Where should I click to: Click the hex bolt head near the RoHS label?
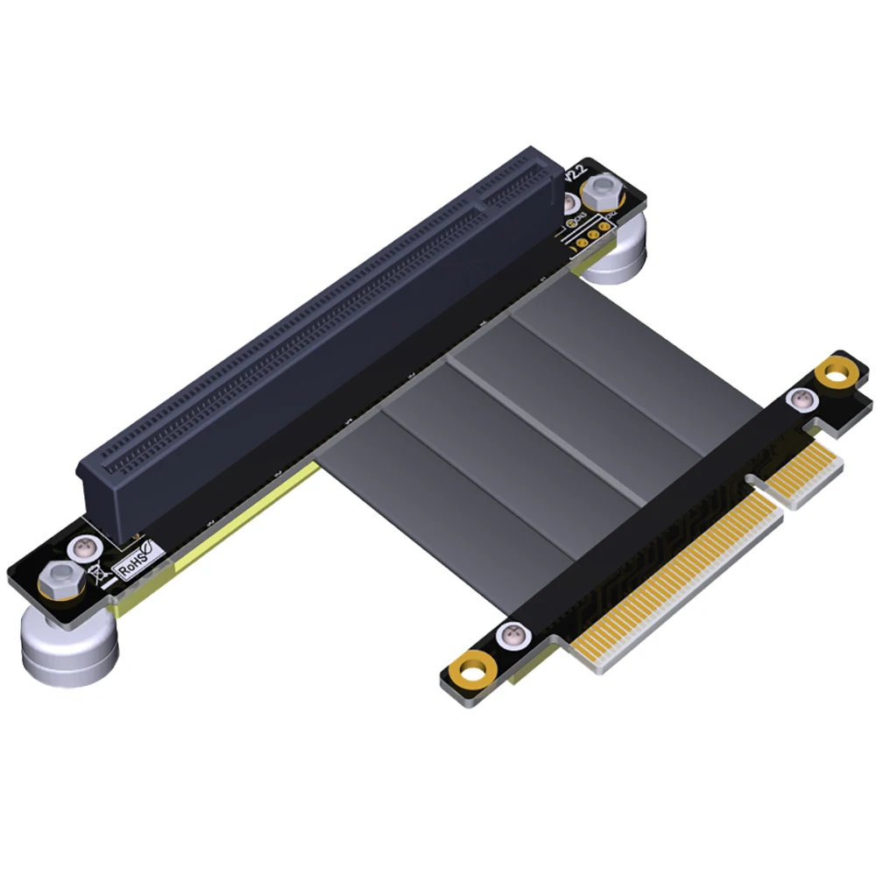pyautogui.click(x=59, y=576)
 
